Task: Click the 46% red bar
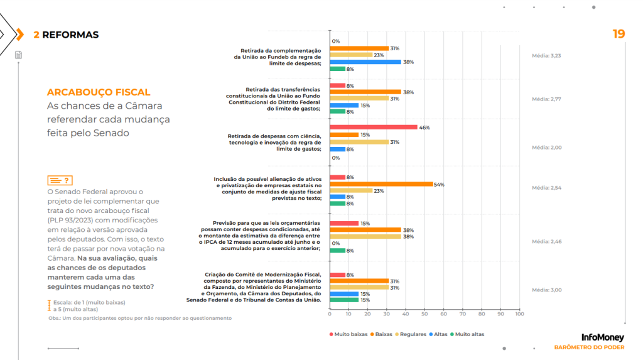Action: point(373,127)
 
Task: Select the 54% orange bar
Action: point(381,184)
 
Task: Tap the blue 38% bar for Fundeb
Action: point(365,62)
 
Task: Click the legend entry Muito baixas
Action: point(349,334)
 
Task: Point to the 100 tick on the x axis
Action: point(519,314)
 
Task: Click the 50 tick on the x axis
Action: point(424,314)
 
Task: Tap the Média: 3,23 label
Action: point(546,56)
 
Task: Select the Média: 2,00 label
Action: point(546,148)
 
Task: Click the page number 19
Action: point(619,34)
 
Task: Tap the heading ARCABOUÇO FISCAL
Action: point(99,92)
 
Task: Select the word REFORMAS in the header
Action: point(70,35)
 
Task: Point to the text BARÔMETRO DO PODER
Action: point(589,347)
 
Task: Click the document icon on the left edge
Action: point(18,55)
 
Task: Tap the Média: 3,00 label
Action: point(546,290)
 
